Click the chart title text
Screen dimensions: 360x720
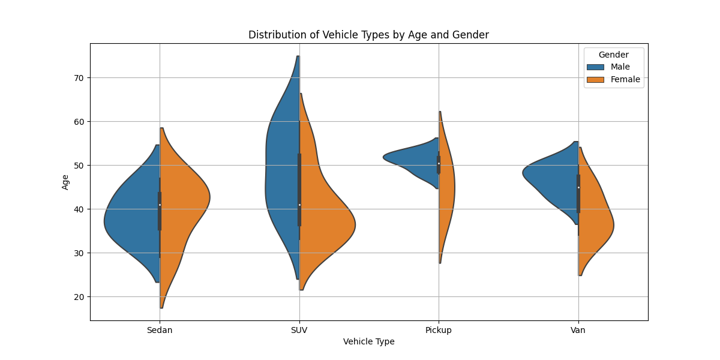point(368,35)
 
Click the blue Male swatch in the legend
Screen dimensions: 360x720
point(595,67)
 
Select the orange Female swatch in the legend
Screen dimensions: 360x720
point(595,79)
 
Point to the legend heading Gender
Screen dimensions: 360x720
point(613,55)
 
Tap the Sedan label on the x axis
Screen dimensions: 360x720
point(160,330)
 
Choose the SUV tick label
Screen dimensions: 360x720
point(299,330)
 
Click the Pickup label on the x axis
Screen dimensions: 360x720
point(439,330)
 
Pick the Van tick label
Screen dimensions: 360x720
point(578,330)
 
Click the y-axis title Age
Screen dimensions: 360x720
point(65,182)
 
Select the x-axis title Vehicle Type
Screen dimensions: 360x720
point(368,341)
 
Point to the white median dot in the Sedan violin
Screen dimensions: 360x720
point(160,205)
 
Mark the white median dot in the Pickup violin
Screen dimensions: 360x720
point(439,163)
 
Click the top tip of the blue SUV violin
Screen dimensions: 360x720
point(298,57)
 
